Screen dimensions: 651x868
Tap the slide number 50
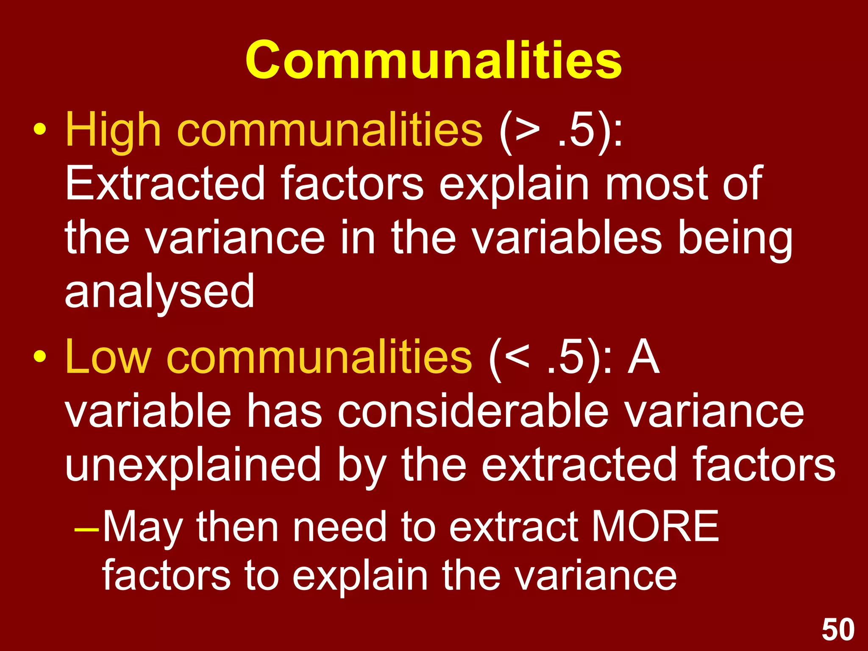[838, 630]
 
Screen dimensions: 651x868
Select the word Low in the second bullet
[108, 357]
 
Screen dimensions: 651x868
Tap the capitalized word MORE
[655, 526]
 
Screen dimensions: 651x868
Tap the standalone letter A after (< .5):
[643, 357]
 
